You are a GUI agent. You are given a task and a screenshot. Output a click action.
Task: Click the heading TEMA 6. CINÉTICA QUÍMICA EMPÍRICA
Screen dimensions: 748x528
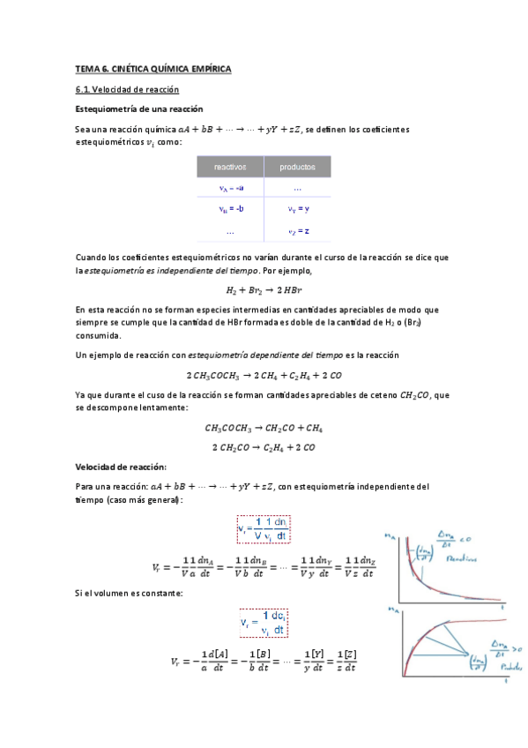coord(152,69)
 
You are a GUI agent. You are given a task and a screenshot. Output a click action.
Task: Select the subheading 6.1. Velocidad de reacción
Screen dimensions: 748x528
coord(127,90)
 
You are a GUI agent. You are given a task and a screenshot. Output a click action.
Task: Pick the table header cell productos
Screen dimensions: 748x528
coord(298,166)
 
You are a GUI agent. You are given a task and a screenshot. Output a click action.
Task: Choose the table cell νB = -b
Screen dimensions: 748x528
coord(232,209)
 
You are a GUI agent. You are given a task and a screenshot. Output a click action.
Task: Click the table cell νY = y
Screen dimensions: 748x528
coord(298,209)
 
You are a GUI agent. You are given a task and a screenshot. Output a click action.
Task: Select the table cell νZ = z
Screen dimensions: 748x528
coord(298,231)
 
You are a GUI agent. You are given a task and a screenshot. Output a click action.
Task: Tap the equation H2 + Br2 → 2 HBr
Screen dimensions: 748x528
coord(264,289)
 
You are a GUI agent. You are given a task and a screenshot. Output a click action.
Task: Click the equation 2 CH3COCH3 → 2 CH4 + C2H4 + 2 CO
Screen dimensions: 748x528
coord(264,375)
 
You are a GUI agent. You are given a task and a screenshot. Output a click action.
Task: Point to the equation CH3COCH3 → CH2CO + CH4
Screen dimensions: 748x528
coord(264,429)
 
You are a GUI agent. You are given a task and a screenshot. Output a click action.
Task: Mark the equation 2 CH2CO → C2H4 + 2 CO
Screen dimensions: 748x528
coord(264,447)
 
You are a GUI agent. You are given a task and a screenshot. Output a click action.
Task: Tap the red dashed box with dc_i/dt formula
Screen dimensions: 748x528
coord(264,625)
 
